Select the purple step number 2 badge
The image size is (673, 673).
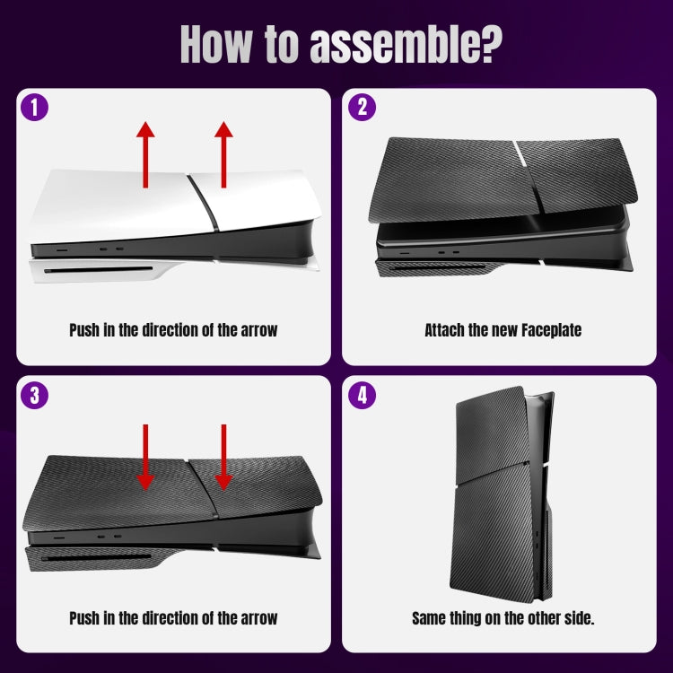(362, 108)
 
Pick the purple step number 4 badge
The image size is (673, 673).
(362, 396)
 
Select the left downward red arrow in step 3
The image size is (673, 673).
(145, 457)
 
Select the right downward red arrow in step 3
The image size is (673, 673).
(223, 457)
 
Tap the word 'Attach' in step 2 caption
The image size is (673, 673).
(444, 330)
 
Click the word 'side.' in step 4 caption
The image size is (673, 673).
(575, 618)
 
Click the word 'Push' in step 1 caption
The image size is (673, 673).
(86, 330)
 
